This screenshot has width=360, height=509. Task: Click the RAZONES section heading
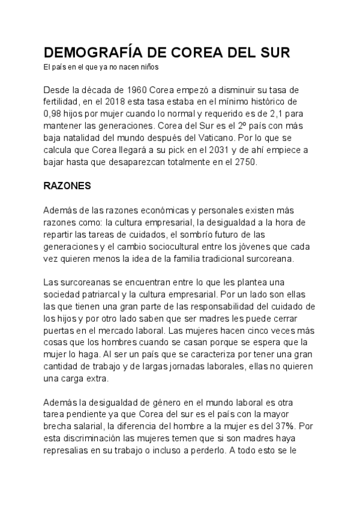click(67, 186)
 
